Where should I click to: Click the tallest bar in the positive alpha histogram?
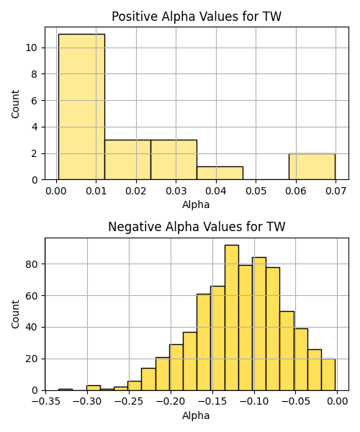click(81, 107)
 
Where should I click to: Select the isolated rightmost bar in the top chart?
click(312, 167)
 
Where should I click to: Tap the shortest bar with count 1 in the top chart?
click(220, 173)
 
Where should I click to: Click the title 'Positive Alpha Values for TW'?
click(197, 17)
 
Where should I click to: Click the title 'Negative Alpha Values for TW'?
click(197, 227)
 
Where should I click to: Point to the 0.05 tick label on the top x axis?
click(256, 191)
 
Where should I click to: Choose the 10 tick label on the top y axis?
click(31, 48)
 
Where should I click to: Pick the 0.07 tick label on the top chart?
click(336, 191)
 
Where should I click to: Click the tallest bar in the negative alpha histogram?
click(232, 318)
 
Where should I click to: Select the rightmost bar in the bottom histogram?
click(328, 374)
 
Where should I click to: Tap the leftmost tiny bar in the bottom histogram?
click(66, 390)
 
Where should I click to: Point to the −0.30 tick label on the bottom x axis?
click(87, 402)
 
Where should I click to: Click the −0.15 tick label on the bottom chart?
click(212, 402)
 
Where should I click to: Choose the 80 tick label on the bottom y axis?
click(31, 264)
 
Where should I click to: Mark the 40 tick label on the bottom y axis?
click(31, 328)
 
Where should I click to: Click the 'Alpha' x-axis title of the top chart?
click(196, 204)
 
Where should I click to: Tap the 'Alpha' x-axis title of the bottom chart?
click(196, 415)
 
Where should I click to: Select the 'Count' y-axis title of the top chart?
click(15, 104)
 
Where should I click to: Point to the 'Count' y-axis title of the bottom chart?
click(15, 315)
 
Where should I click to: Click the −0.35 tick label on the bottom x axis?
click(46, 402)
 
